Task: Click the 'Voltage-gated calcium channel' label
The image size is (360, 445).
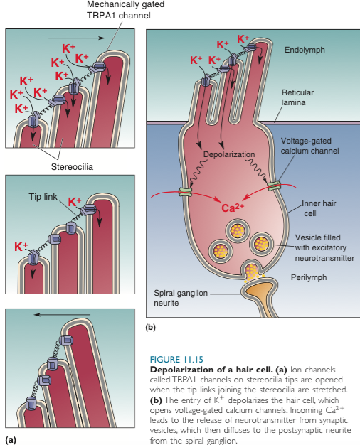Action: (x=308, y=146)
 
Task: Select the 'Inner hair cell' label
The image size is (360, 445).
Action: (x=318, y=208)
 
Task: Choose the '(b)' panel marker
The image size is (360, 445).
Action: (x=150, y=328)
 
